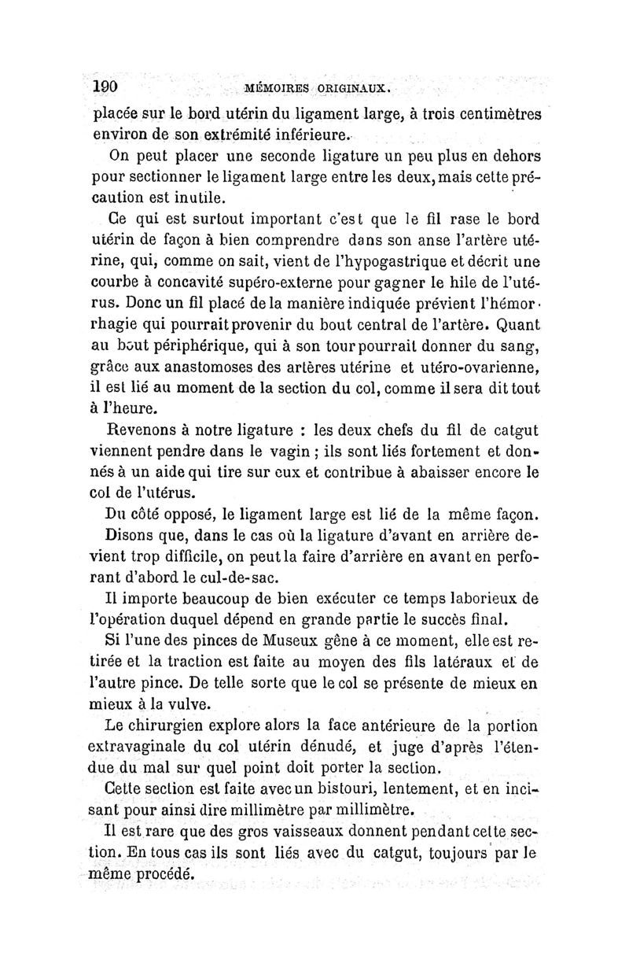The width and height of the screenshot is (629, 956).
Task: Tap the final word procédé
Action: [161, 873]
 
